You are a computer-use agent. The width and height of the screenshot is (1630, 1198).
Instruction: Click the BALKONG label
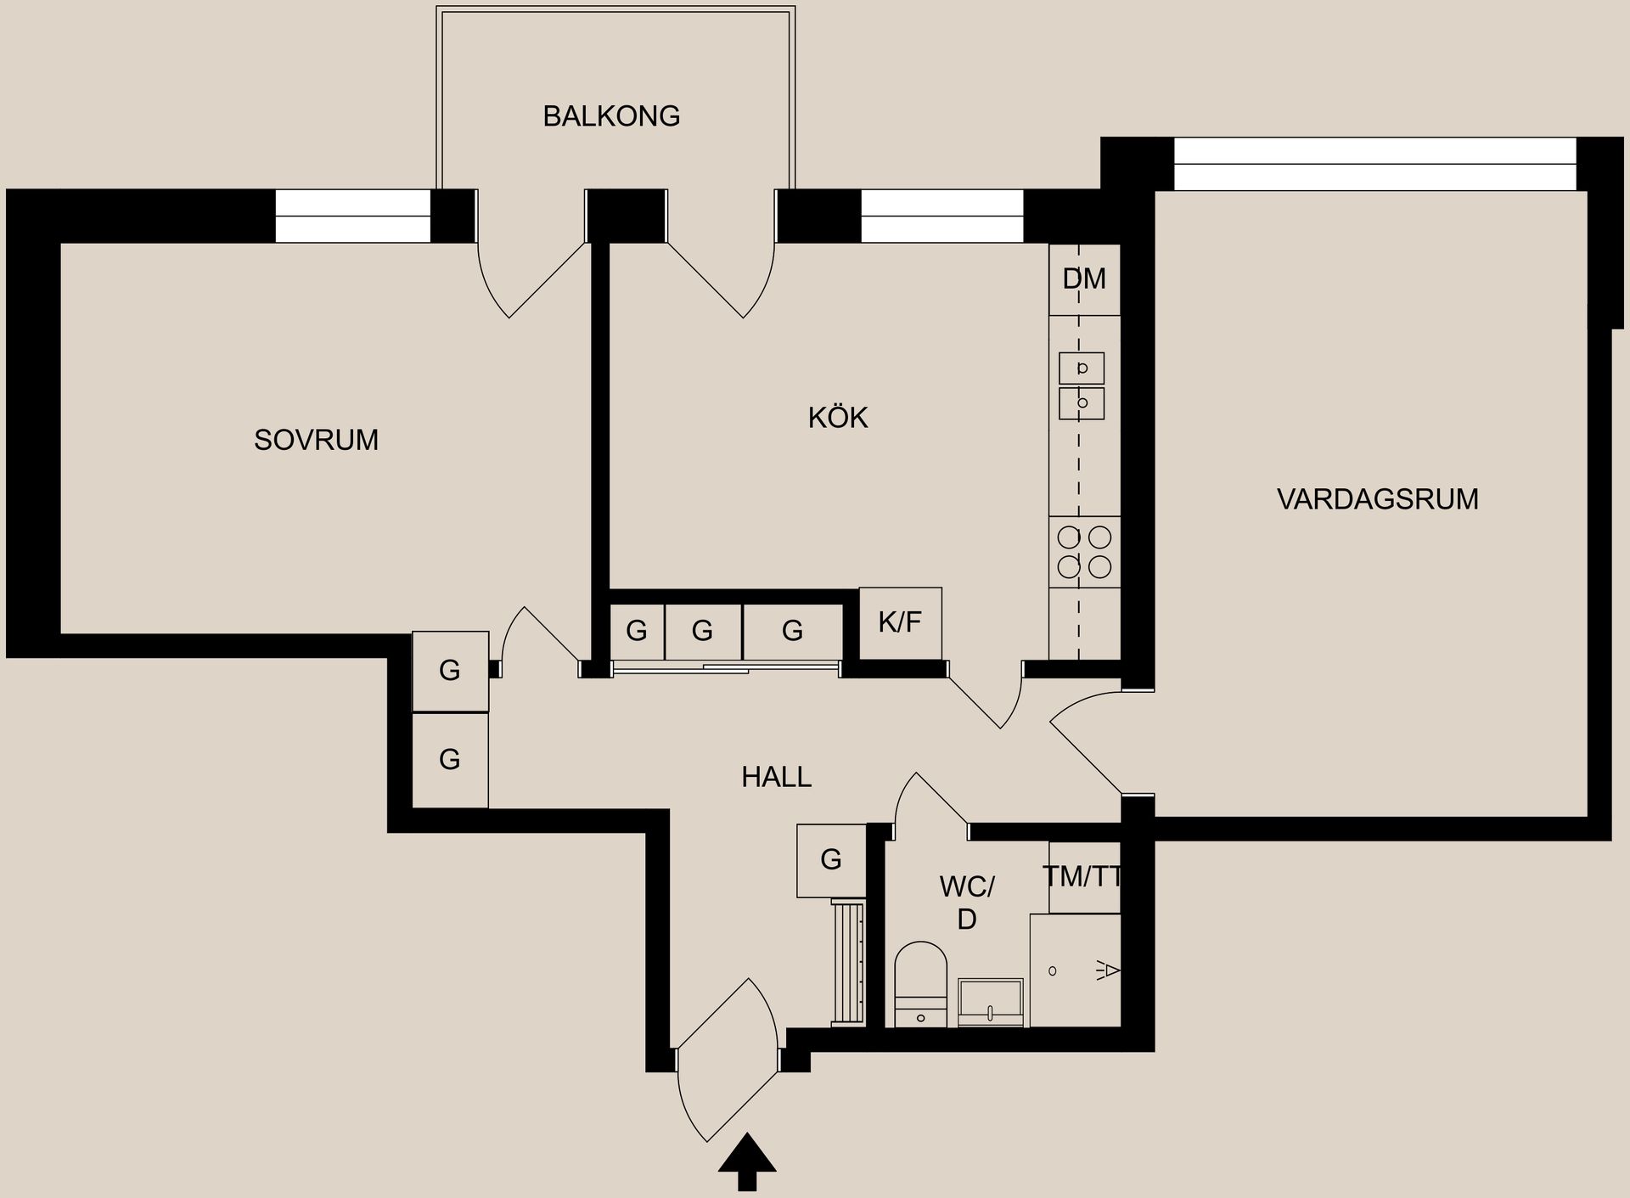611,115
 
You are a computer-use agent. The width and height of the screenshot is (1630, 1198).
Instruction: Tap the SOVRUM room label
316,440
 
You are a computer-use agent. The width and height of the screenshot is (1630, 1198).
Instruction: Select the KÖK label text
838,418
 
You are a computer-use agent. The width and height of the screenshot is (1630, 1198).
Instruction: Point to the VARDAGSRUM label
1377,499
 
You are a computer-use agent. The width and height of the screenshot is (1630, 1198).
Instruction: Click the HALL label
776,777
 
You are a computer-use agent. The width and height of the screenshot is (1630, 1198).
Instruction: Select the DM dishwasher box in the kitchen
1084,279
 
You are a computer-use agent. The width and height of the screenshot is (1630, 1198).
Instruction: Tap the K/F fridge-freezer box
900,622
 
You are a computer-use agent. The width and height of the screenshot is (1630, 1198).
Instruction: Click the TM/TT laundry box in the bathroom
1084,877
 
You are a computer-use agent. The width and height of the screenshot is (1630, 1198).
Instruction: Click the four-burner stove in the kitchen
1084,551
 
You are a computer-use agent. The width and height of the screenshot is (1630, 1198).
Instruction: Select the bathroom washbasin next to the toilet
991,1002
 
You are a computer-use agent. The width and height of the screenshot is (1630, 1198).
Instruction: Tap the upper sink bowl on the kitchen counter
1082,368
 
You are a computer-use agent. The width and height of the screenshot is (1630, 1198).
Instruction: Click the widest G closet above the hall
792,630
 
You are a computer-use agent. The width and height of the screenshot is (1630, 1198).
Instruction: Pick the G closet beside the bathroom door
830,860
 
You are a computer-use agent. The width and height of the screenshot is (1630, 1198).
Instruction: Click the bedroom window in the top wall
353,216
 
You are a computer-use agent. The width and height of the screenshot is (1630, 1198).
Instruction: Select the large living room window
1374,164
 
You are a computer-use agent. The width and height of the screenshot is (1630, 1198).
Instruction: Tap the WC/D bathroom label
966,903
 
